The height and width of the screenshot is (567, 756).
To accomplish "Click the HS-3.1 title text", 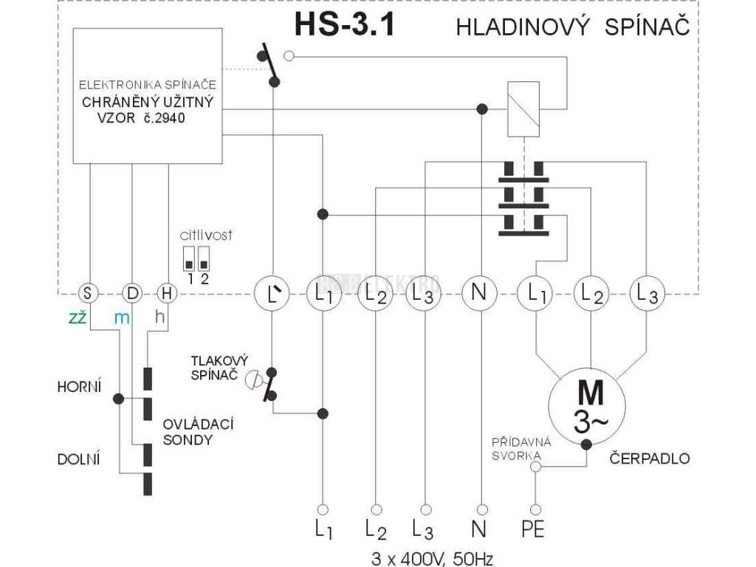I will click(x=344, y=25).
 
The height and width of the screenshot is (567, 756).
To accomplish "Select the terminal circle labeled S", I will click(x=88, y=293).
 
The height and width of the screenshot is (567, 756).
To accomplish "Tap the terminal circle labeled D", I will click(x=132, y=293).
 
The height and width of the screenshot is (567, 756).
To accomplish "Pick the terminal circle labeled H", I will click(x=168, y=293).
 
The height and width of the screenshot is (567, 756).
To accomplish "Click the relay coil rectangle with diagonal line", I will click(x=522, y=109).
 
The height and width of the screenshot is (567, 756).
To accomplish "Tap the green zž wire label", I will click(x=79, y=317).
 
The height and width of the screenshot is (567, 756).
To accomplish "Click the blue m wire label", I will click(x=122, y=317).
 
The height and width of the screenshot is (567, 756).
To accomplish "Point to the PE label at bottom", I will click(x=535, y=530).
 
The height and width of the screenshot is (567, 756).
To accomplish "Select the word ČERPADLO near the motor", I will click(x=650, y=458).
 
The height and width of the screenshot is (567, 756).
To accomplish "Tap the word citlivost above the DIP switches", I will click(x=206, y=236).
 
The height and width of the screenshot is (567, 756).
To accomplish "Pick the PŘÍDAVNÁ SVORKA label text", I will click(x=517, y=448).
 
